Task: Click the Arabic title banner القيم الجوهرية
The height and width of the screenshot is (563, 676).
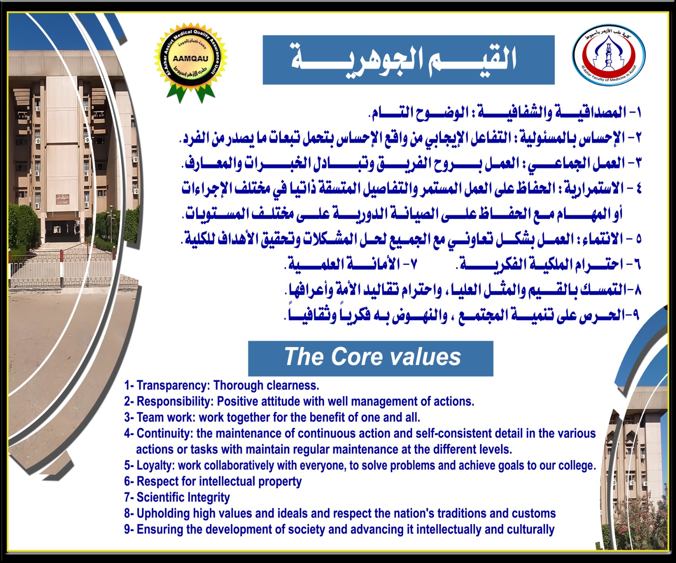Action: (409, 60)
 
